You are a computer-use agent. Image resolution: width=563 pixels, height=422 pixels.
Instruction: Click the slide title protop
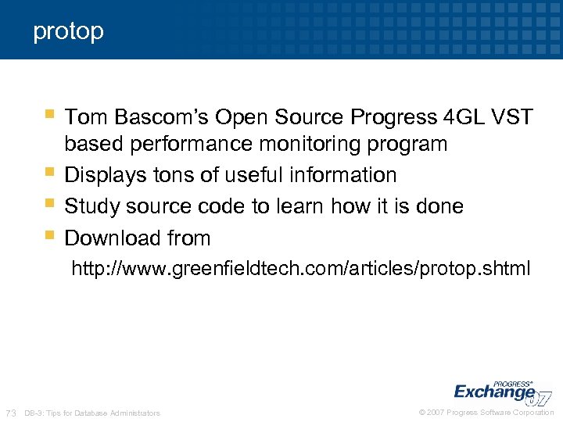tap(68, 32)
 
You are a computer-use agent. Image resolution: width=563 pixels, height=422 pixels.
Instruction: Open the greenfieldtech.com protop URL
tap(301, 270)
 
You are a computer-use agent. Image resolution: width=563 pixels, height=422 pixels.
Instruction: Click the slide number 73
tap(11, 413)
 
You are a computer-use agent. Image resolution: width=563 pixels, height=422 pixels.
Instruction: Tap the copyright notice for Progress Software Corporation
tap(486, 413)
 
